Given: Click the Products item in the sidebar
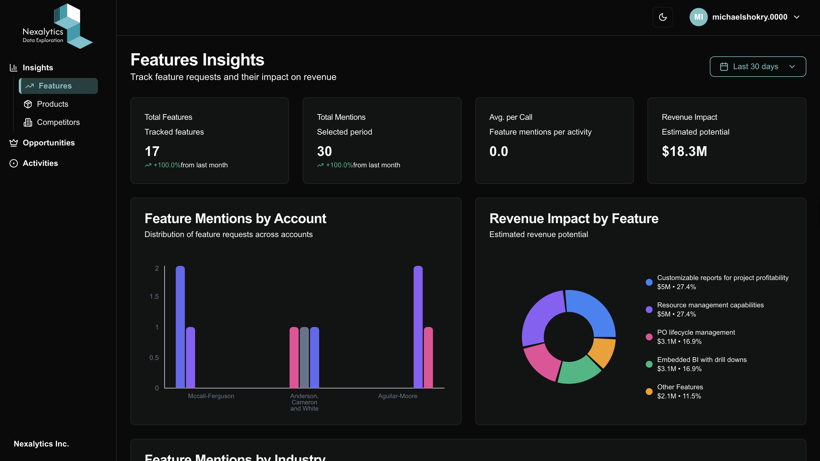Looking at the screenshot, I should pos(52,104).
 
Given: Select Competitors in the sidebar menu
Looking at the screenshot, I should pos(58,122).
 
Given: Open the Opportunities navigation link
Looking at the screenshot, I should pos(48,143).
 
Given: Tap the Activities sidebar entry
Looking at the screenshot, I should pos(40,163).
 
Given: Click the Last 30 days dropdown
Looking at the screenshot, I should pos(758,67).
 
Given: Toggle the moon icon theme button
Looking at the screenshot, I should pos(663,17).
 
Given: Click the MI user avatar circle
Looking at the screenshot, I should pos(698,17).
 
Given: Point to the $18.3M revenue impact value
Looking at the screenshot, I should pos(684,151).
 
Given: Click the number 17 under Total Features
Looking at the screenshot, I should pos(152,151).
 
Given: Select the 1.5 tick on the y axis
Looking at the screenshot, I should pos(154,297).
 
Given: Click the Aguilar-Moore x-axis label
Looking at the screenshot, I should pos(397,396).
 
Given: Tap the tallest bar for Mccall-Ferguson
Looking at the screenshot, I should pos(180,327).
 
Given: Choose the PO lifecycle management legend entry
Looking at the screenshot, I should pos(696,337).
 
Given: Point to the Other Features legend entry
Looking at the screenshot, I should pos(680,391).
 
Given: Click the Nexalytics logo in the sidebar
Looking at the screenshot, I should pos(57,26).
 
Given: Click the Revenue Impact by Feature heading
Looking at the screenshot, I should pos(574,219).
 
